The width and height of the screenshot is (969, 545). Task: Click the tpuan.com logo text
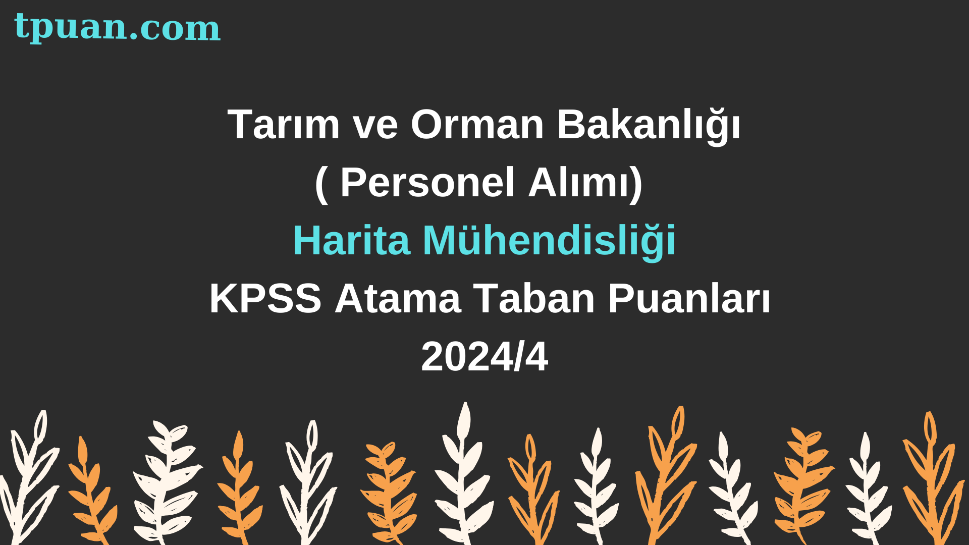click(117, 27)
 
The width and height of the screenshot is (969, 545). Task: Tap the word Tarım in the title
click(284, 124)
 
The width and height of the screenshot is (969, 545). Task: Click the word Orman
click(477, 124)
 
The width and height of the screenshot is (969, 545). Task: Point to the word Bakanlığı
click(649, 126)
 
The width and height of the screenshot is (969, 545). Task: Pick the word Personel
click(427, 182)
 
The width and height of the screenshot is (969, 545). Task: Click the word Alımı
click(579, 182)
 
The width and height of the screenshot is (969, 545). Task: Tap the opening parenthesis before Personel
click(321, 185)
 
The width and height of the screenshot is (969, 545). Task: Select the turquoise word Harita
click(351, 240)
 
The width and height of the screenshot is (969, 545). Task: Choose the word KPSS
click(265, 298)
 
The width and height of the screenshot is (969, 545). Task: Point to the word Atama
click(398, 298)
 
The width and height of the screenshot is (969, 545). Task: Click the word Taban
click(534, 298)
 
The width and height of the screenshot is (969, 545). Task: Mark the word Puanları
click(689, 298)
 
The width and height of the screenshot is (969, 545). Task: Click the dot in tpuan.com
click(134, 37)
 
